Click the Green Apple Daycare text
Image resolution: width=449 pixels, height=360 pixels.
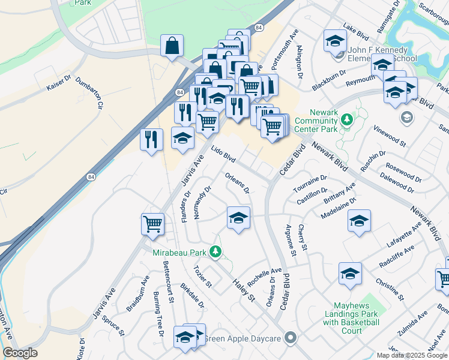(x=243, y=339)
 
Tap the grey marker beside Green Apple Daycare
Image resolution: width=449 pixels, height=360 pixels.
(x=291, y=338)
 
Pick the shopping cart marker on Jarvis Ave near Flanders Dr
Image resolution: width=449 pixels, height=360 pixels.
(x=152, y=224)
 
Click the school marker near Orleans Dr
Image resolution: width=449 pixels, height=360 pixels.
(x=238, y=217)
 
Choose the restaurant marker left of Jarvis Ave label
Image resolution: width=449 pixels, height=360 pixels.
(x=151, y=139)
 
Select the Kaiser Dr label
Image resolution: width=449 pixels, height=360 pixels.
(x=59, y=83)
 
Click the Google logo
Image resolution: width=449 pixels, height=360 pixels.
(x=20, y=353)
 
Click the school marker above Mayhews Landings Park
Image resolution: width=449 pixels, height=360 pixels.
(x=350, y=273)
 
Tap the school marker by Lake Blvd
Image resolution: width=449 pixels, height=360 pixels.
(x=335, y=41)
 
